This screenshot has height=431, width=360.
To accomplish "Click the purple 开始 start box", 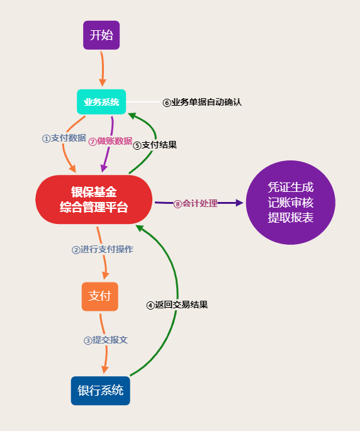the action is [101, 35].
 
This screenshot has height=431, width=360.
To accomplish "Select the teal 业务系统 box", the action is [101, 102].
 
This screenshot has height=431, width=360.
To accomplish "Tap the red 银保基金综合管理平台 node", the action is [94, 199].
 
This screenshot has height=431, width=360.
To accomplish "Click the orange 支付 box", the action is [100, 296].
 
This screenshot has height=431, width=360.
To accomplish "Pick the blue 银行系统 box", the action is [100, 391].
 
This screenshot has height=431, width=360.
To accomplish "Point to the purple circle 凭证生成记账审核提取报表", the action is [291, 203].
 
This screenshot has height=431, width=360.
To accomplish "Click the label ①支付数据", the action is [64, 138].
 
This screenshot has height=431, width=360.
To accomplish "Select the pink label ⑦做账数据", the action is [110, 142].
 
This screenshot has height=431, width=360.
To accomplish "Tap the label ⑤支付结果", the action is [155, 145].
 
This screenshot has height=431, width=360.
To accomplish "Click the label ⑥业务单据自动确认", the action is [202, 103].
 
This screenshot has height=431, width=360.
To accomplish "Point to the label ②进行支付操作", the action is [103, 250].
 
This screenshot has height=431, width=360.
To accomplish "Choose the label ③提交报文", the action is [106, 340].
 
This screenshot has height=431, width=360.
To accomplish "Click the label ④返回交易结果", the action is [177, 305].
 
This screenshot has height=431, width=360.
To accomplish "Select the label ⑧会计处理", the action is [196, 204].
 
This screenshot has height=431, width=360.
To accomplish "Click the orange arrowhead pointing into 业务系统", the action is [103, 82].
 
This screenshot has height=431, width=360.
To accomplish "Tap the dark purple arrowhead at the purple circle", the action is [240, 203].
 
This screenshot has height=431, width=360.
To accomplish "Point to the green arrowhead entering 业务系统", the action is [132, 116].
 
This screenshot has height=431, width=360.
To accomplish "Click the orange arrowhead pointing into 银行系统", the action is [104, 370].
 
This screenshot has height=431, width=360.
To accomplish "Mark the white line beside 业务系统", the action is [143, 102].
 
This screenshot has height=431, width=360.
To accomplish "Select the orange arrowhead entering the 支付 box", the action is [106, 276].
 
